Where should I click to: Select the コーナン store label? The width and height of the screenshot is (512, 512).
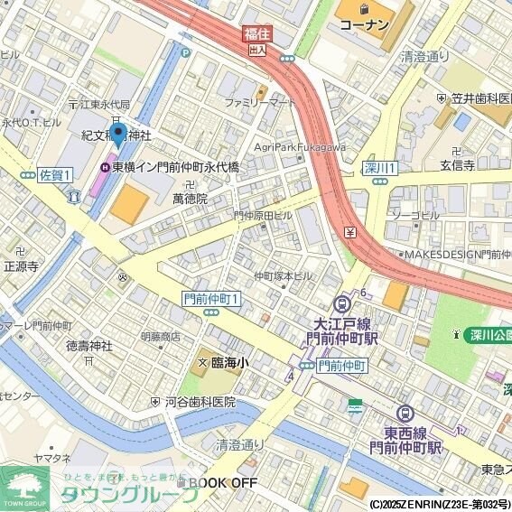(x=364, y=24)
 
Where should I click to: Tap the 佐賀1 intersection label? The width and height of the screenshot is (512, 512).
(x=56, y=174)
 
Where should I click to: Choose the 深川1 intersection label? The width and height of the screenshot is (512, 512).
(x=380, y=168)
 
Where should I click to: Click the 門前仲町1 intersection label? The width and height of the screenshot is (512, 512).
(x=211, y=299)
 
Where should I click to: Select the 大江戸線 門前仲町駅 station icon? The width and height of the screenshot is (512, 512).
(x=342, y=305)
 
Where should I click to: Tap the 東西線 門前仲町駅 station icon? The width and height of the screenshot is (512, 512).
(x=405, y=413)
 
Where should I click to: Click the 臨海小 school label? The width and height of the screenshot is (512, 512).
(x=229, y=362)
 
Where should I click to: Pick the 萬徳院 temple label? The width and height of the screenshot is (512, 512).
(x=190, y=198)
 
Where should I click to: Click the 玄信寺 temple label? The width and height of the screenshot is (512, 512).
(x=457, y=165)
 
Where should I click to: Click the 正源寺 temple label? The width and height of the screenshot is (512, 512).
(x=21, y=266)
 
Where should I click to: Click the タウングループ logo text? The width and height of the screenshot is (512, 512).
(x=126, y=494)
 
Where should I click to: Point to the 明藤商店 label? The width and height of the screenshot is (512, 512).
(x=160, y=336)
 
